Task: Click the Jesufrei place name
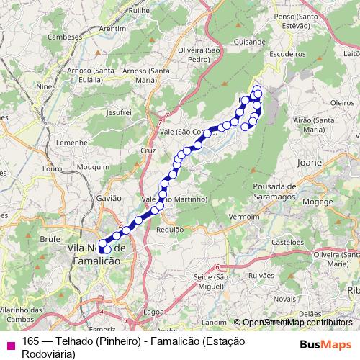(117, 113)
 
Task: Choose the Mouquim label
(91, 166)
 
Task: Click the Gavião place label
(108, 197)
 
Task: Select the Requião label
(170, 230)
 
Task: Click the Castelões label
(288, 243)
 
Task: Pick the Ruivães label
(261, 274)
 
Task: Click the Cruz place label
(148, 150)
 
